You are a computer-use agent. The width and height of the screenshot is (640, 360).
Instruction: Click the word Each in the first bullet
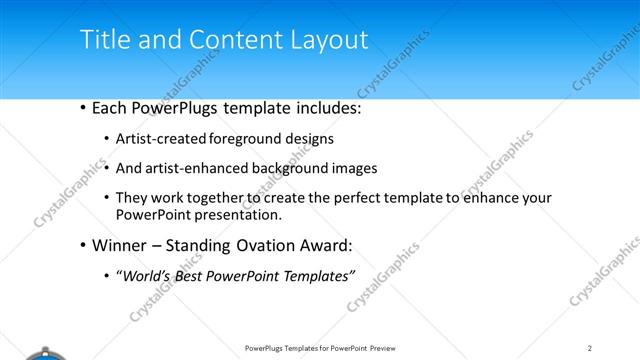pos(110,108)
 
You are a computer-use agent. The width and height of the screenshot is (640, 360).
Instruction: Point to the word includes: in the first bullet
pos(317,108)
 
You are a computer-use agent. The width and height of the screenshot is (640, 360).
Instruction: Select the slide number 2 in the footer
pos(590,347)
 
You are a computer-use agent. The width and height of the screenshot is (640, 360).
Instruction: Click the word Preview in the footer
pos(388,347)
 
